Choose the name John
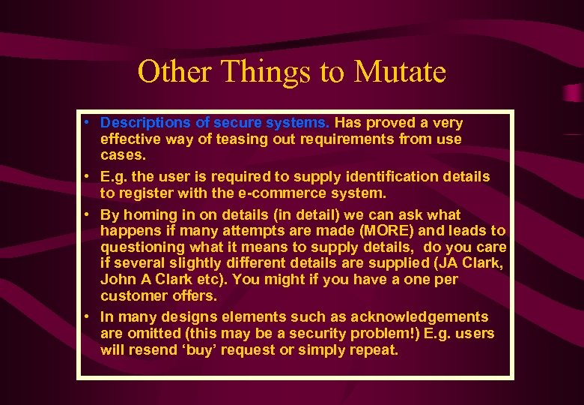(x=118, y=279)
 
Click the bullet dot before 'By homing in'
(x=88, y=214)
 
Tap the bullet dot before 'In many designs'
(x=88, y=316)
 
